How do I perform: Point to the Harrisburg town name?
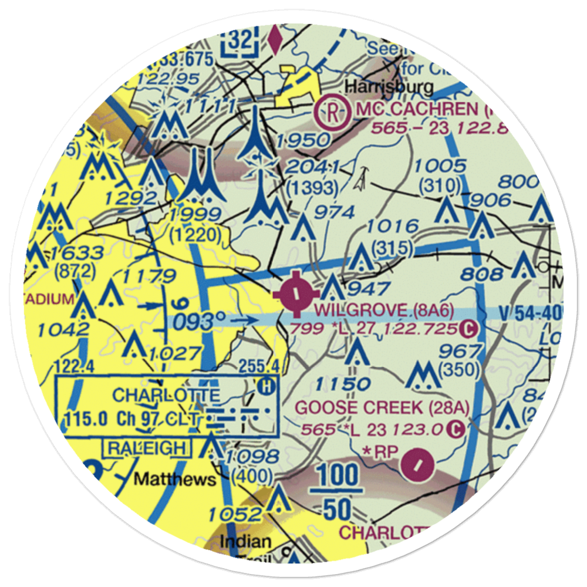pos(389,87)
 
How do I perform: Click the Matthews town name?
pos(175,480)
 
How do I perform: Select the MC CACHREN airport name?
pos(416,110)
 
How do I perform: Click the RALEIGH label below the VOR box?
pos(146,448)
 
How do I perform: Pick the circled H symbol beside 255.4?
pos(266,386)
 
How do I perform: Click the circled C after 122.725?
pos(467,329)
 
